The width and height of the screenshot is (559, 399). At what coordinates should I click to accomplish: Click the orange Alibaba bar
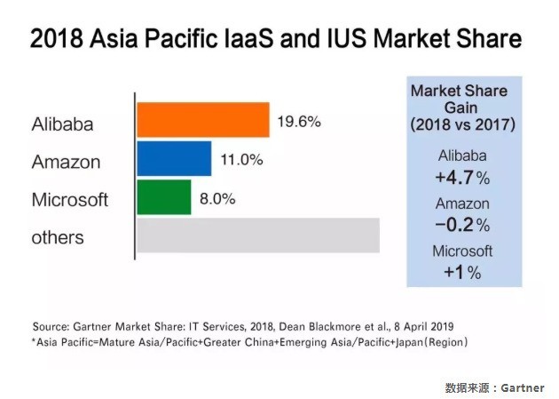[202, 120]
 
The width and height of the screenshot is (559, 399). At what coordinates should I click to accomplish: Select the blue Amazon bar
[174, 158]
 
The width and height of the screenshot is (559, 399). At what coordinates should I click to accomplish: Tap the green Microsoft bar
[163, 196]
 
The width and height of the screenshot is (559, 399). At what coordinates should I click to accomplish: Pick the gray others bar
[257, 235]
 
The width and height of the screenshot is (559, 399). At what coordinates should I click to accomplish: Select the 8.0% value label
[217, 198]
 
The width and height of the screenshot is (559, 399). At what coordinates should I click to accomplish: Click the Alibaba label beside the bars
[63, 123]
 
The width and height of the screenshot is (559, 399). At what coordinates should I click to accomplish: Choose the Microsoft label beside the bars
[70, 199]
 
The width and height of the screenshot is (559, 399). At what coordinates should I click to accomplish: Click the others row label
[58, 237]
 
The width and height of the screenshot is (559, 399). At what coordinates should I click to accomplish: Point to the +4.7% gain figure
[461, 177]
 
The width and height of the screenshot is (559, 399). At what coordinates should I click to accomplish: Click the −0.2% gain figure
[461, 225]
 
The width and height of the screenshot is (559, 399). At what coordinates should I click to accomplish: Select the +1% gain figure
[461, 272]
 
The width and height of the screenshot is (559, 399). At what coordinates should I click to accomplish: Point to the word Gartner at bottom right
[523, 387]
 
